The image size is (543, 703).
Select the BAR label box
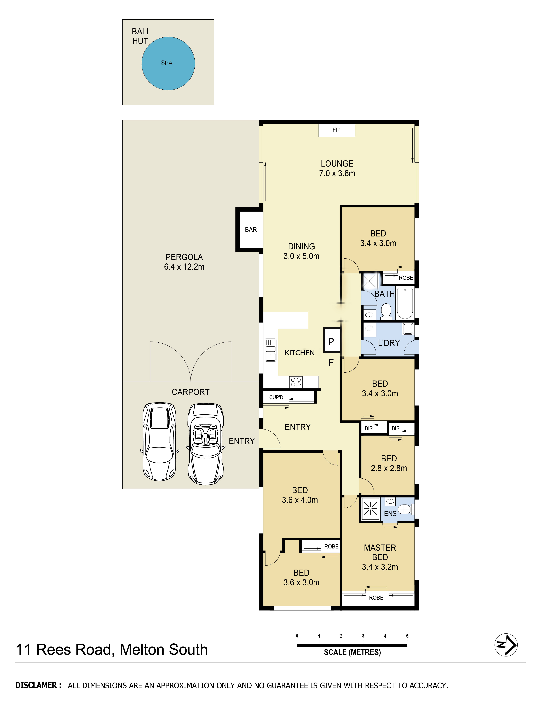pyautogui.click(x=251, y=230)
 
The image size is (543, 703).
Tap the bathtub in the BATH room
pyautogui.click(x=405, y=303)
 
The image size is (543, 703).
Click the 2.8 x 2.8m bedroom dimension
pyautogui.click(x=389, y=468)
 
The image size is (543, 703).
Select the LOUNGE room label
pyautogui.click(x=337, y=163)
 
